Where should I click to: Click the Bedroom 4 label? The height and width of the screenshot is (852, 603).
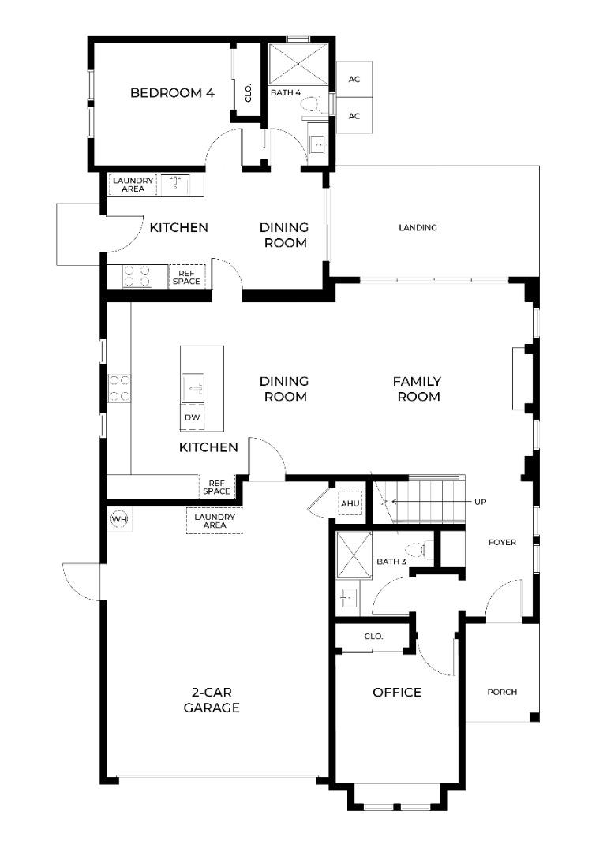click(172, 93)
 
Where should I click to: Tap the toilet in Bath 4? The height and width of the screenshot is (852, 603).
click(313, 104)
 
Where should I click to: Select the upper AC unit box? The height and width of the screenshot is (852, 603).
click(354, 80)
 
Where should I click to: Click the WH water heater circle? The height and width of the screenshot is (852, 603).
click(119, 519)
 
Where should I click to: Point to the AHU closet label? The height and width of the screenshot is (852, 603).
click(350, 503)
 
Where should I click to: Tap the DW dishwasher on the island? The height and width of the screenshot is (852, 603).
click(192, 417)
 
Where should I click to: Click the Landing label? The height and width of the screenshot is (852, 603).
click(418, 228)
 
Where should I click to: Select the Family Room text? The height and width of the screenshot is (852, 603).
click(417, 389)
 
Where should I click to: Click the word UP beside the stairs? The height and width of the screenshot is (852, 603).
click(480, 502)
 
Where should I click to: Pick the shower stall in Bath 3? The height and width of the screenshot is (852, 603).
click(354, 555)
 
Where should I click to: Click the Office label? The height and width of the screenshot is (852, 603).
click(397, 693)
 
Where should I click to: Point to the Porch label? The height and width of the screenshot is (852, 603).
click(502, 693)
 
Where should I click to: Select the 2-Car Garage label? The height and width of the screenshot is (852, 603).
click(212, 700)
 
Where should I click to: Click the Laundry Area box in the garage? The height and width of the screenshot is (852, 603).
click(215, 521)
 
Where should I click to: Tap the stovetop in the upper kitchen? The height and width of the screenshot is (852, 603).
click(137, 275)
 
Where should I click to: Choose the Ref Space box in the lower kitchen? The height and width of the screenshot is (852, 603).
click(217, 487)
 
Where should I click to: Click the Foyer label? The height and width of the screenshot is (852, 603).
click(502, 542)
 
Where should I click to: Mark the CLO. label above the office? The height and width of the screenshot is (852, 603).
click(373, 637)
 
